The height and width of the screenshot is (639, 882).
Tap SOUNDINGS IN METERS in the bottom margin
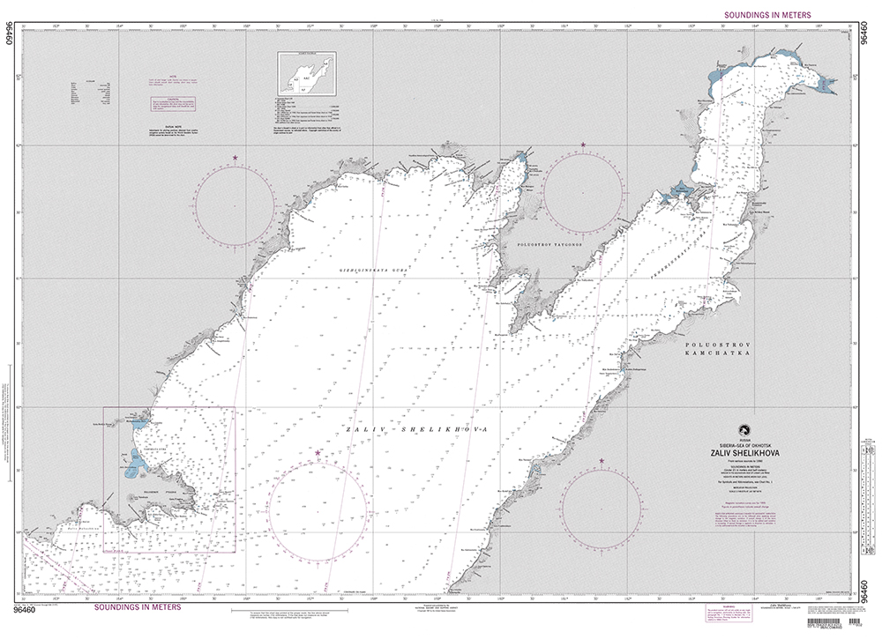coord(137,607)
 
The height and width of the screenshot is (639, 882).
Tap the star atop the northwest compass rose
coord(235,158)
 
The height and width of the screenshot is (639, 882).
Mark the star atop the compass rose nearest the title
coord(602,461)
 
